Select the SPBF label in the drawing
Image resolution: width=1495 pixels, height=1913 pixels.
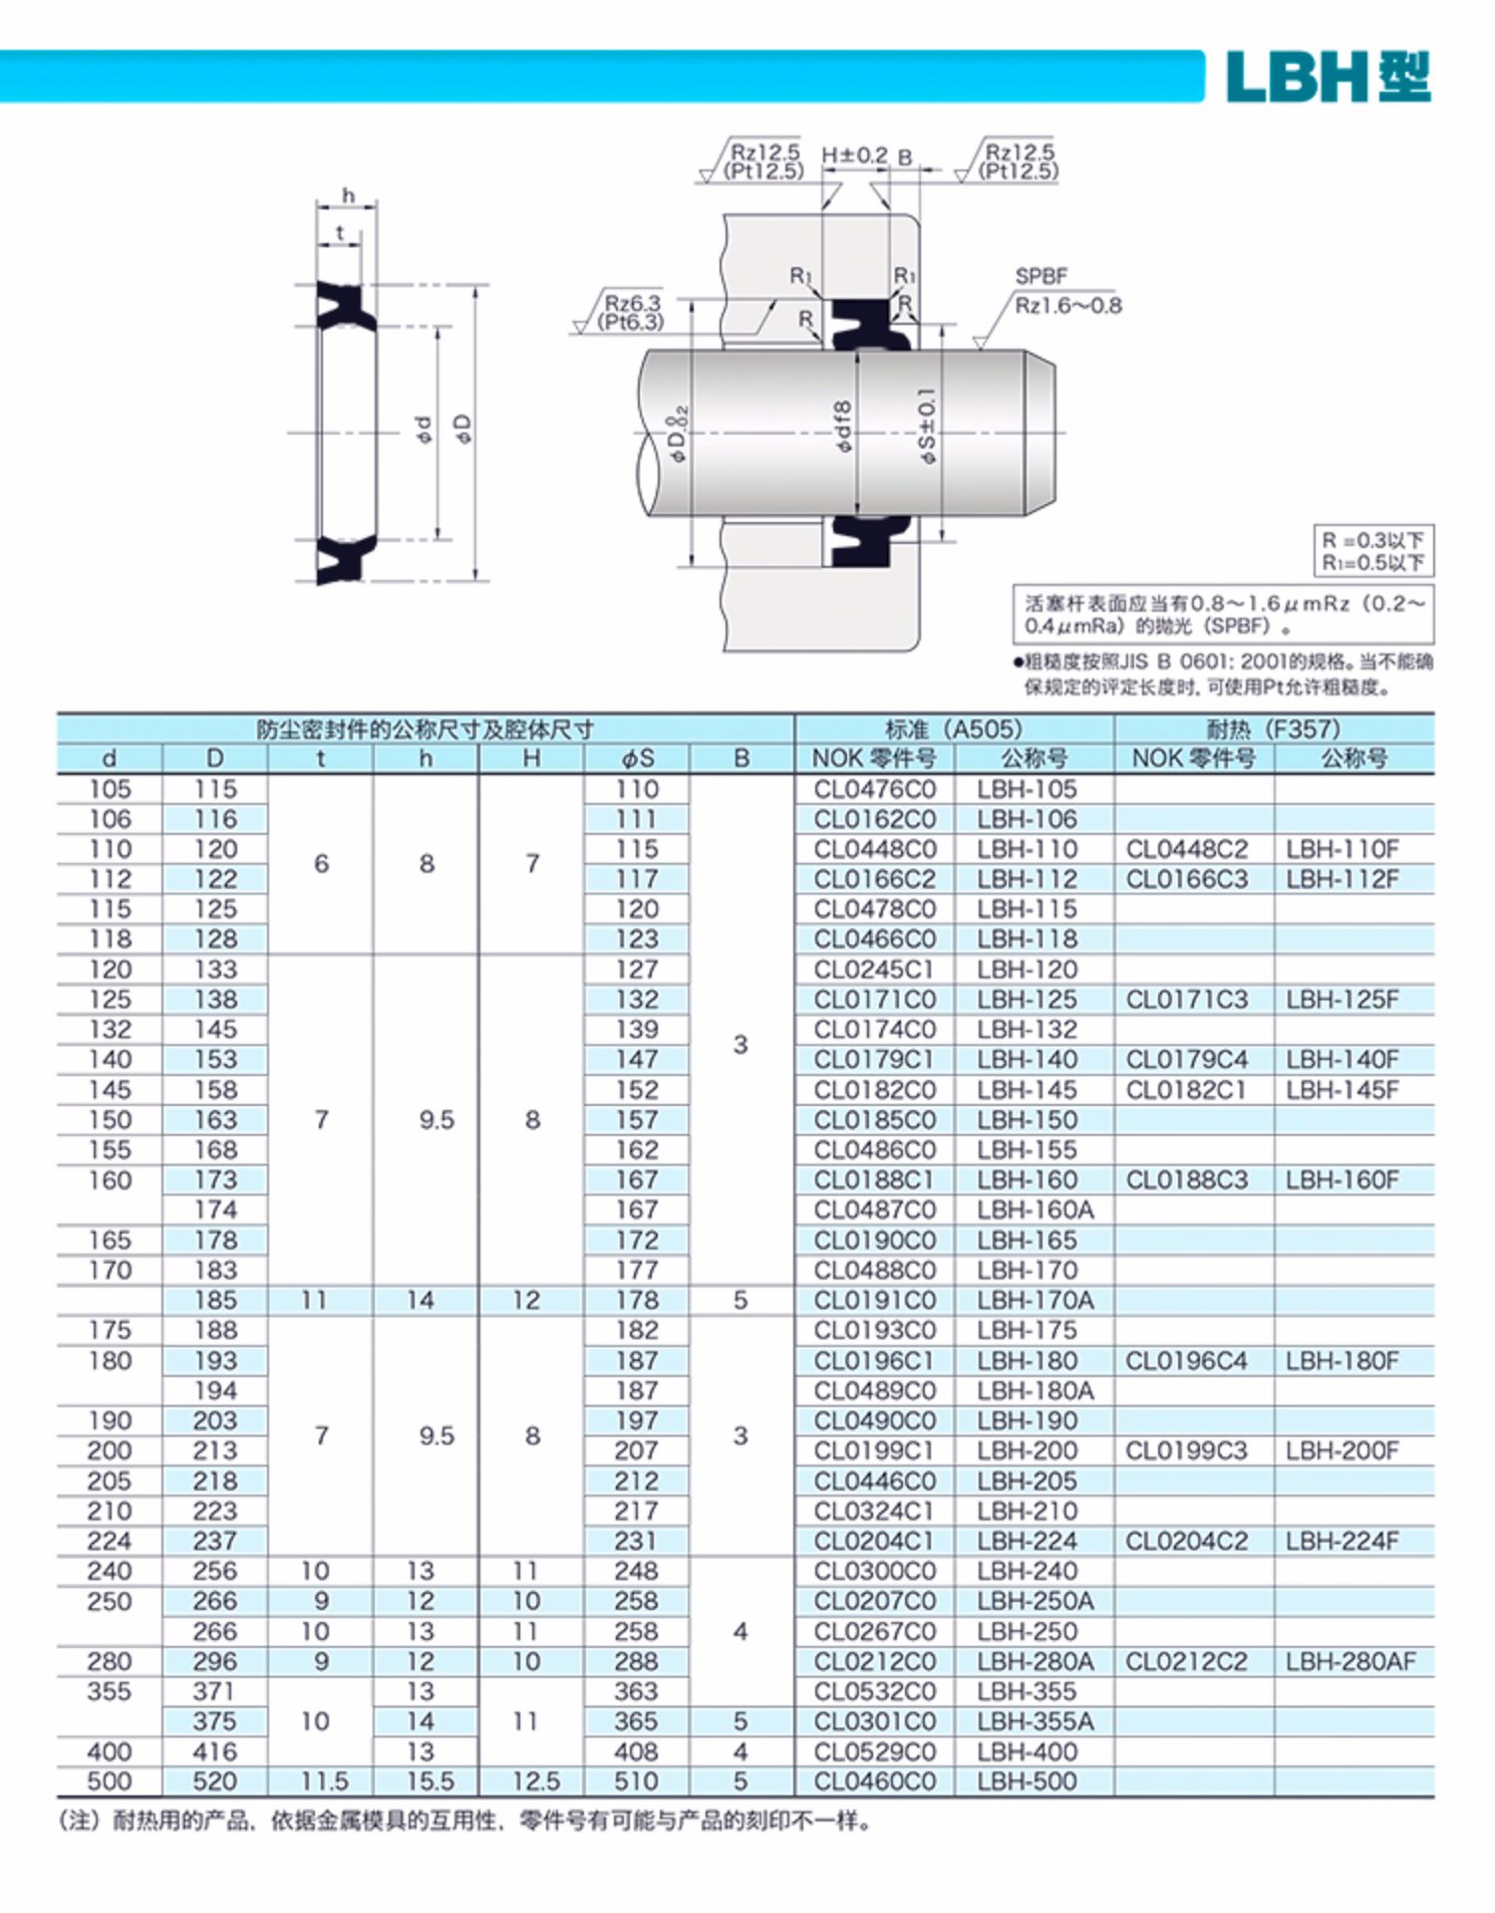click(1041, 276)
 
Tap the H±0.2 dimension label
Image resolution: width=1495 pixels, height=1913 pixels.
click(854, 155)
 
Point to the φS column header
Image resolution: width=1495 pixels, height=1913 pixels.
click(637, 758)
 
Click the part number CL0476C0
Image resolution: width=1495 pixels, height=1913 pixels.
click(874, 789)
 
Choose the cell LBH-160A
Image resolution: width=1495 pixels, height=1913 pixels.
click(1035, 1210)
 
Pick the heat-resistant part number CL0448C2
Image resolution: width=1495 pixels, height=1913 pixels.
click(1186, 849)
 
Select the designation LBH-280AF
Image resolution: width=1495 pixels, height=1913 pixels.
click(1349, 1661)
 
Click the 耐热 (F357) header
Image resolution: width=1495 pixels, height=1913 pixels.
click(1273, 728)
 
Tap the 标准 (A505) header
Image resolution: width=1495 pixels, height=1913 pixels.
click(953, 728)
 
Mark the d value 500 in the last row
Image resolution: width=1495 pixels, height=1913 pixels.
click(110, 1781)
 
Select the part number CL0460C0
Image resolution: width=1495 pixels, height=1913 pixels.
click(874, 1781)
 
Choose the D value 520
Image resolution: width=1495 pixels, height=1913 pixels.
click(215, 1781)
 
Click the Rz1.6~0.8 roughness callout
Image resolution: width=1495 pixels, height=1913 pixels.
click(1067, 305)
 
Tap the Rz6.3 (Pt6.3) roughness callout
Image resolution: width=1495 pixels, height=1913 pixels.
click(632, 312)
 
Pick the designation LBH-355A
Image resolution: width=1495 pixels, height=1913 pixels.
click(1035, 1721)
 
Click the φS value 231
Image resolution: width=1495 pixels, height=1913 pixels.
click(636, 1540)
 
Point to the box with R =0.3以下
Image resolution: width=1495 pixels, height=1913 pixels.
click(1372, 550)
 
